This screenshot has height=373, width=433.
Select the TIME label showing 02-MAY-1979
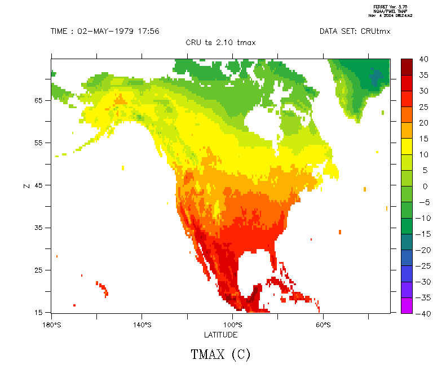pyautogui.click(x=105, y=31)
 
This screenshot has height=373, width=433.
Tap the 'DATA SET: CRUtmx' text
pyautogui.click(x=355, y=31)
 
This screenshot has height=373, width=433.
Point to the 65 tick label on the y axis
pyautogui.click(x=39, y=100)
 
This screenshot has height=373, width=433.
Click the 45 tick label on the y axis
pyautogui.click(x=39, y=185)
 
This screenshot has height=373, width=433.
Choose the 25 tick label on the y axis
pyautogui.click(x=39, y=270)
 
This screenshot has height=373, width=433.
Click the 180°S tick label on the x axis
pyautogui.click(x=51, y=325)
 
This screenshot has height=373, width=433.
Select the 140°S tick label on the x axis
pyautogui.click(x=142, y=325)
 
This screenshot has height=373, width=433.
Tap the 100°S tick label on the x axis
pyautogui.click(x=232, y=325)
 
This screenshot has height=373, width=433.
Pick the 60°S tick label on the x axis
pyautogui.click(x=323, y=325)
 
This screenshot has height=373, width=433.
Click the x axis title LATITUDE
pyautogui.click(x=220, y=335)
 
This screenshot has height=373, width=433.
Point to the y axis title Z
pyautogui.click(x=26, y=185)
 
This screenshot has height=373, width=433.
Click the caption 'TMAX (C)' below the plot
pyautogui.click(x=220, y=354)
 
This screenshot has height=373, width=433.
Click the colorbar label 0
pyautogui.click(x=425, y=186)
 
